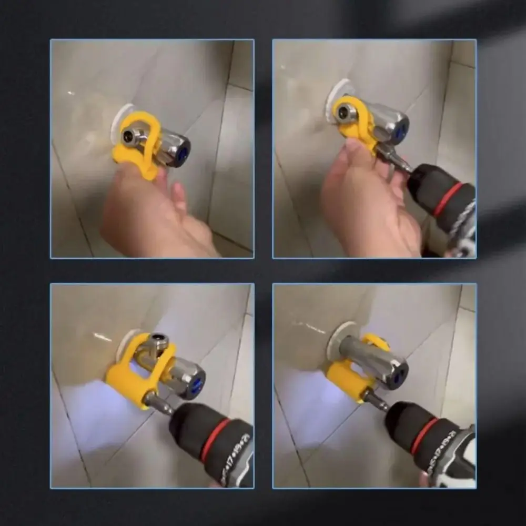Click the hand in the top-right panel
(x=368, y=200)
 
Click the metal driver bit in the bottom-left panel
(x=158, y=404)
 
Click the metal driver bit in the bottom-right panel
(x=375, y=400)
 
